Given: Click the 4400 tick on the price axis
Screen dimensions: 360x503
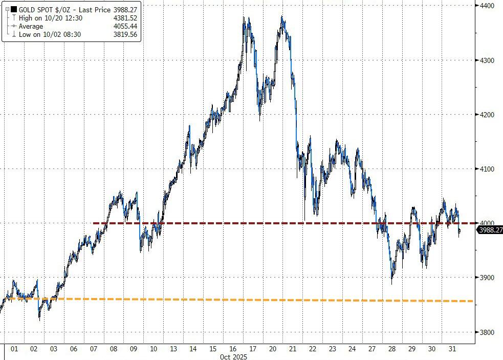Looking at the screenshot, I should (487, 6).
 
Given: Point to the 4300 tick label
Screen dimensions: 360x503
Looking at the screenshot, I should (487, 60).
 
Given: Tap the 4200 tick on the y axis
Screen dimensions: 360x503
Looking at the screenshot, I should (487, 115).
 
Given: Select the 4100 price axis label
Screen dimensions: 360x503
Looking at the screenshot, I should (487, 169).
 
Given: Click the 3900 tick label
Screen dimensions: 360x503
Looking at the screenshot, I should (487, 278).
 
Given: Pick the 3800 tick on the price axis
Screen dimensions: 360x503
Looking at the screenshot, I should (487, 332).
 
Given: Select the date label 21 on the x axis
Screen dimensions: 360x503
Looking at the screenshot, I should (292, 349).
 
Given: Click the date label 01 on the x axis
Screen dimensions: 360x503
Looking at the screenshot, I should (14, 349).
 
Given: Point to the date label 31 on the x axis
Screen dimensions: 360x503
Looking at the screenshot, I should (452, 349).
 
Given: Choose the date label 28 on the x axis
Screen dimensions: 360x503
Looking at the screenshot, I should (392, 349).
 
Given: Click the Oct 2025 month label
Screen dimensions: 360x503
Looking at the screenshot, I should (233, 356).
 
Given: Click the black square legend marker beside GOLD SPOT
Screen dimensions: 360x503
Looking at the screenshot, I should (14, 10).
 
